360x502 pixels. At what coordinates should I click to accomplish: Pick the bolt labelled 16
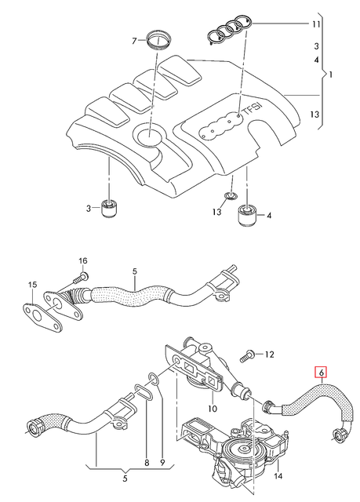78,278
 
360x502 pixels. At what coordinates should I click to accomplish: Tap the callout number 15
33,284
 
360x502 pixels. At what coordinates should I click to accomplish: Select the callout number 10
211,408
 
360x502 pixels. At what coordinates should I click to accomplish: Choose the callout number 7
133,40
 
